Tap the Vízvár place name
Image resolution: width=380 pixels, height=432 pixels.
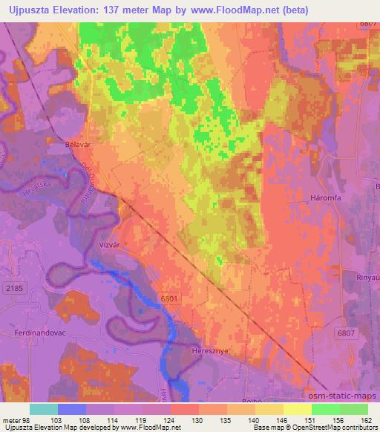[x=114, y=243]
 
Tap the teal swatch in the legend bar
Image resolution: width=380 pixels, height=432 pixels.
[x=44, y=409]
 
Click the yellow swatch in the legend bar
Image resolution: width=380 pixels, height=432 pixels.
[x=298, y=409]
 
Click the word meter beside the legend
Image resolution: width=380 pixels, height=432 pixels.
[x=12, y=420]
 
